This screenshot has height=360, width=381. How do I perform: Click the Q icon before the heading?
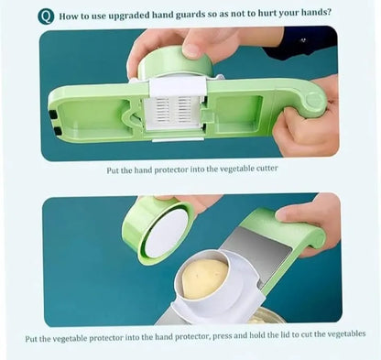point(46,16)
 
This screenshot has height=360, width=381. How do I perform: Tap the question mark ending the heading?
point(330,16)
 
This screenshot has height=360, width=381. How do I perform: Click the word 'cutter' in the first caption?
point(264,168)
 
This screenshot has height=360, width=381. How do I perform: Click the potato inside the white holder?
point(203,277)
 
